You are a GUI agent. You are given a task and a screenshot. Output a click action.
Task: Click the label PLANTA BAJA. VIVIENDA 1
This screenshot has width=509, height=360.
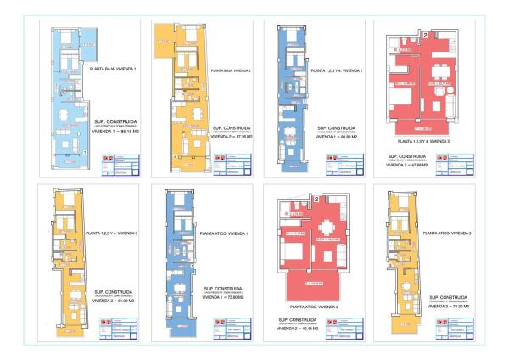pyautogui.click(x=112, y=67)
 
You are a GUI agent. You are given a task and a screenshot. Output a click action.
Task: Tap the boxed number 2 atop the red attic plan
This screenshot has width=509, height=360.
pyautogui.click(x=315, y=199)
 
